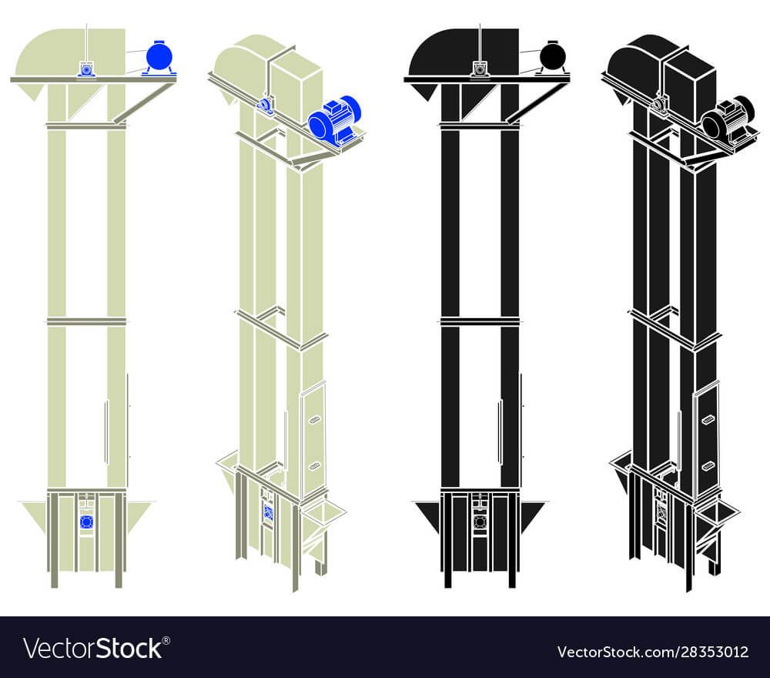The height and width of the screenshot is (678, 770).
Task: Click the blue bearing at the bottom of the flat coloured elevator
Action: coord(86,522)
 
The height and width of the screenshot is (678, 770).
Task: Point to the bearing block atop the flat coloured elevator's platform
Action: coord(86,69)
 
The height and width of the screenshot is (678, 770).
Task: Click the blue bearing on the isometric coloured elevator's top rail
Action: coord(264,105)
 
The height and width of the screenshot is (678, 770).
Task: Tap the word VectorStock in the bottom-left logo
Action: coord(93,649)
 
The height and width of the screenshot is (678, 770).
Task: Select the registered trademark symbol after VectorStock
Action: coord(166,640)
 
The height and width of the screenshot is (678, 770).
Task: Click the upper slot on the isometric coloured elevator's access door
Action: coord(313,420)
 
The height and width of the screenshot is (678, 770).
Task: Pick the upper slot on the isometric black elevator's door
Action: coord(708,420)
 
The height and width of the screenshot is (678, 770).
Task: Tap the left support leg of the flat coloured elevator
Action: coord(54,540)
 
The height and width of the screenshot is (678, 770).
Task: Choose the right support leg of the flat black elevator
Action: coord(513,540)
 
